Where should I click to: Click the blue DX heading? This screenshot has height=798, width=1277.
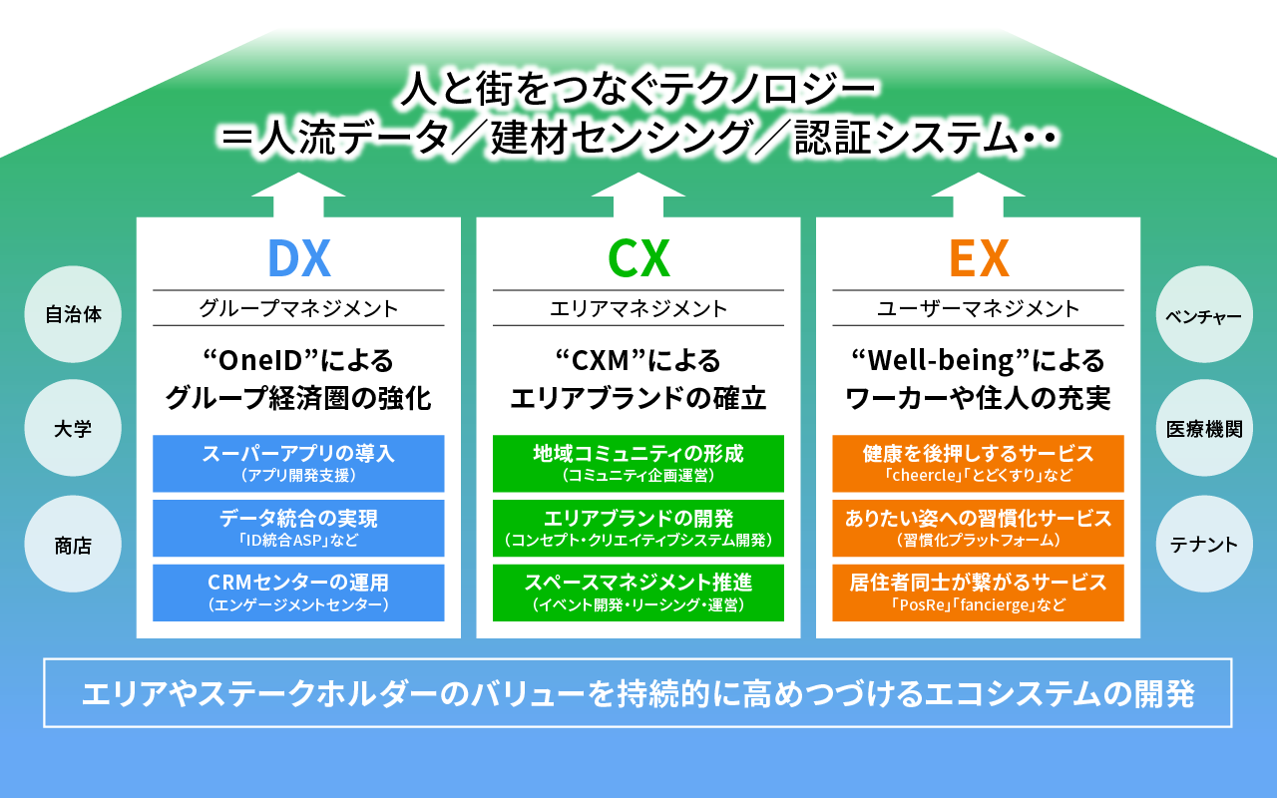(x=298, y=258)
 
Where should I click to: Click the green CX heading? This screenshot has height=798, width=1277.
(x=638, y=258)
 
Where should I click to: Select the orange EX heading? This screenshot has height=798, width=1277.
(x=979, y=258)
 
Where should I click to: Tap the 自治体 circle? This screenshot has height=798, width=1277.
(x=73, y=314)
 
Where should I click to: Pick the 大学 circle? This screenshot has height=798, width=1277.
(x=73, y=430)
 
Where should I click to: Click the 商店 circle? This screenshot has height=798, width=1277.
(x=73, y=546)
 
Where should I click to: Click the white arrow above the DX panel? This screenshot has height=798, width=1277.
(x=298, y=195)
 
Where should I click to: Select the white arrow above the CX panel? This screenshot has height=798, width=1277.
(x=638, y=195)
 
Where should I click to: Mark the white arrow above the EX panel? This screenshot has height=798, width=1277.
(x=979, y=195)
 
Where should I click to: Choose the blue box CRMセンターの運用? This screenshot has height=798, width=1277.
(x=298, y=593)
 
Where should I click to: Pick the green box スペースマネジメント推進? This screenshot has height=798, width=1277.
(x=638, y=593)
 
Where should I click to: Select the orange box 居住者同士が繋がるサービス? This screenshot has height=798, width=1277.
(x=979, y=593)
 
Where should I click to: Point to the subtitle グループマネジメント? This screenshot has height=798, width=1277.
(x=298, y=308)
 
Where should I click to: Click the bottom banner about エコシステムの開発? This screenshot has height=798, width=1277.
(x=638, y=692)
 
